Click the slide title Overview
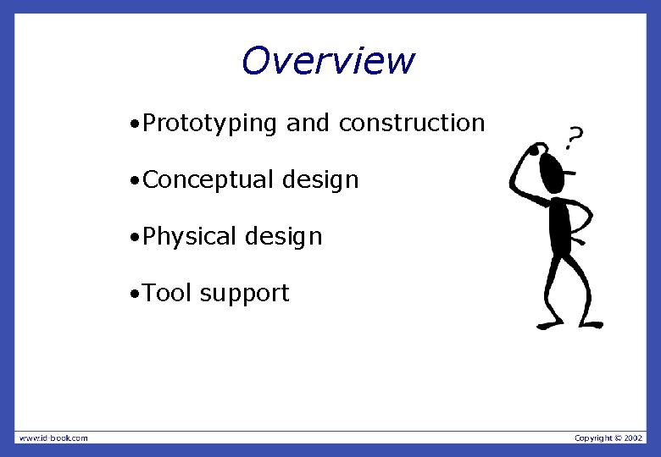click(x=328, y=61)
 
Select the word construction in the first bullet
click(x=411, y=124)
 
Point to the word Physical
click(x=191, y=237)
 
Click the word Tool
click(x=168, y=294)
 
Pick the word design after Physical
click(x=284, y=237)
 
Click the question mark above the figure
click(x=575, y=135)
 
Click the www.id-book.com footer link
click(x=53, y=438)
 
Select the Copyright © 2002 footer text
click(x=609, y=438)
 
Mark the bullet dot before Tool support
click(x=135, y=295)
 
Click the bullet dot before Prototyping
click(x=135, y=125)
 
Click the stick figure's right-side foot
click(x=591, y=324)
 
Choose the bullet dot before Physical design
click(x=135, y=239)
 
